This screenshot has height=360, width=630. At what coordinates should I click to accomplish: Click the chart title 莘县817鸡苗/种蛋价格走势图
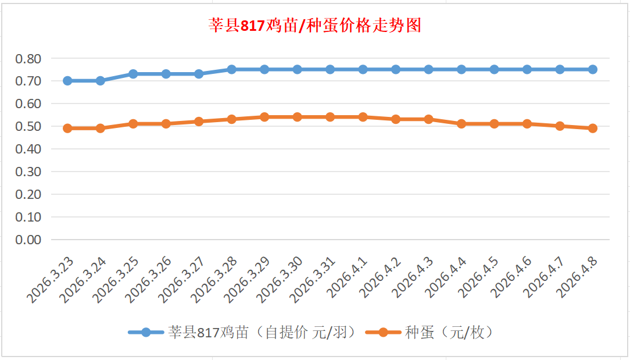pyautogui.click(x=314, y=26)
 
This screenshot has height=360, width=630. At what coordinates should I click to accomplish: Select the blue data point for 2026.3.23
pyautogui.click(x=67, y=81)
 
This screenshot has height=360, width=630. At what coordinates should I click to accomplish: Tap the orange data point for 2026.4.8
pyautogui.click(x=593, y=129)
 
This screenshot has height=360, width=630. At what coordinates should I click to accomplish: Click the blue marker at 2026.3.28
pyautogui.click(x=231, y=69)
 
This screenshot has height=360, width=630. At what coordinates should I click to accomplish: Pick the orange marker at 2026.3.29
pyautogui.click(x=264, y=117)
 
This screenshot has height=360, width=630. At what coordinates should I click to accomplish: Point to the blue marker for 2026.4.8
pyautogui.click(x=593, y=69)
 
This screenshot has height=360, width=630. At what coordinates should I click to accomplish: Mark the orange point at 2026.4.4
pyautogui.click(x=461, y=124)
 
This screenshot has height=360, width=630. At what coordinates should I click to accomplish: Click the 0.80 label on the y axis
pyautogui.click(x=28, y=58)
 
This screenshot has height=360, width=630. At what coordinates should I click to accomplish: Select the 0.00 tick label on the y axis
pyautogui.click(x=28, y=240)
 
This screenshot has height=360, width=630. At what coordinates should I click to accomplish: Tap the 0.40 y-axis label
pyautogui.click(x=28, y=149)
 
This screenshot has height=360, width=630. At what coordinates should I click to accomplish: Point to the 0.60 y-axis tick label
pyautogui.click(x=28, y=104)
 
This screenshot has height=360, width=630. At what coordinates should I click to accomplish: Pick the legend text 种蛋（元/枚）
pyautogui.click(x=449, y=333)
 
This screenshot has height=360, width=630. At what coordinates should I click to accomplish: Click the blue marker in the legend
pyautogui.click(x=146, y=333)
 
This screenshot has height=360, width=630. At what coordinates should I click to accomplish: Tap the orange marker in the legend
pyautogui.click(x=382, y=333)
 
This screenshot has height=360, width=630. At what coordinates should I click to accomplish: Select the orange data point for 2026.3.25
pyautogui.click(x=133, y=124)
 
